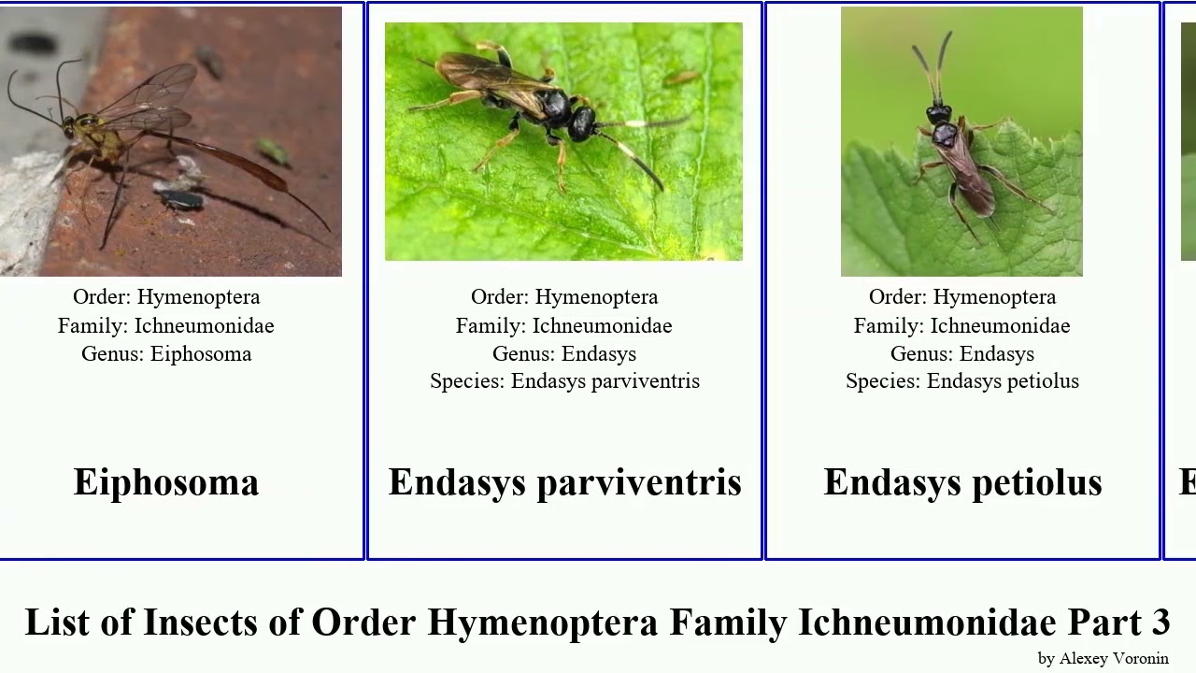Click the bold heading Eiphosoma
tap(166, 482)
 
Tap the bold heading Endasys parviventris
tap(564, 482)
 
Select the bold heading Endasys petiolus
tap(962, 482)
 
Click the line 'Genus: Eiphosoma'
tap(166, 354)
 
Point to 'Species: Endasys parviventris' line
tap(564, 381)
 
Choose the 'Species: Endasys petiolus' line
tap(962, 381)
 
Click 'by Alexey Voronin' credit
tap(1103, 658)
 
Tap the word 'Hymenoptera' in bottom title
tap(542, 623)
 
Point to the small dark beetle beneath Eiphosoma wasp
tap(181, 199)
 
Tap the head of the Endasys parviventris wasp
tap(584, 122)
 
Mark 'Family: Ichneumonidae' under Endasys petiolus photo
tap(962, 326)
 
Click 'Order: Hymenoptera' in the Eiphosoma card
tap(166, 297)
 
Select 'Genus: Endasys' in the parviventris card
tap(564, 354)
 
